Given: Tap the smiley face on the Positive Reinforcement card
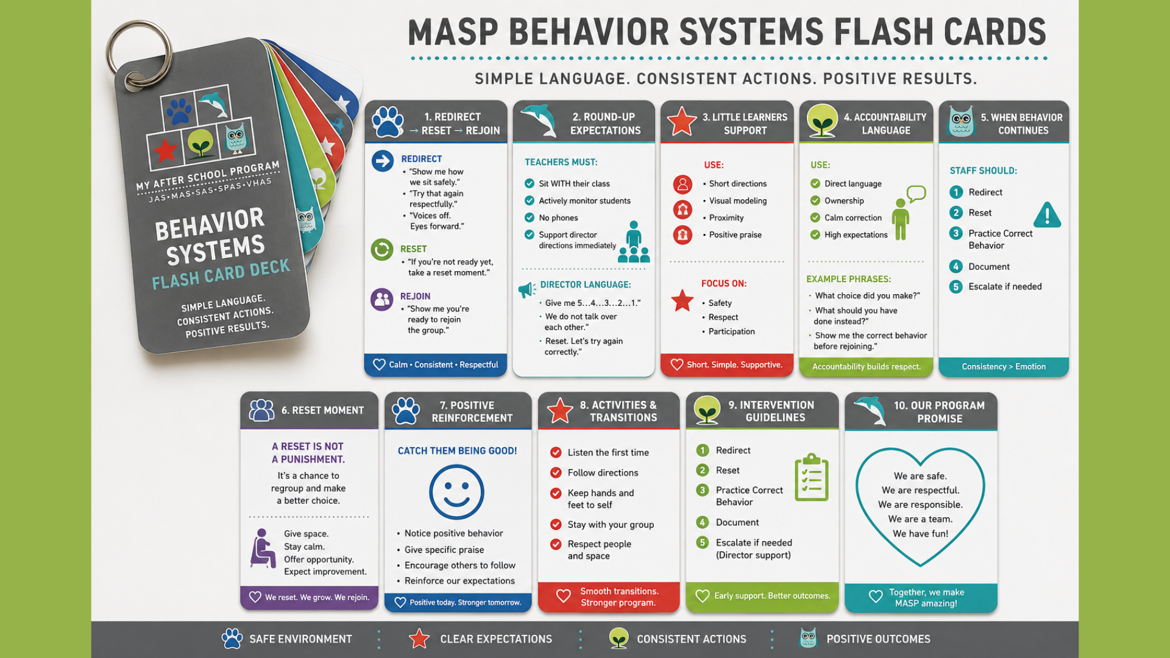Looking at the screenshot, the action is click(456, 492).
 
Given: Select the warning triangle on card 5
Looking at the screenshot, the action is click(1048, 215).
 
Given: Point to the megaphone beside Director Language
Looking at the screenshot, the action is click(527, 289).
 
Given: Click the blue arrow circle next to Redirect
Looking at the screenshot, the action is click(383, 161).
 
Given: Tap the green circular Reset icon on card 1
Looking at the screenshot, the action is click(382, 250).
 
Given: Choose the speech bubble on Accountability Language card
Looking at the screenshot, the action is click(916, 194).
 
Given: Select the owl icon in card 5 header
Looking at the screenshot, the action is click(961, 121).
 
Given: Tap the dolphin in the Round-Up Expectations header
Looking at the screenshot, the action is click(539, 120).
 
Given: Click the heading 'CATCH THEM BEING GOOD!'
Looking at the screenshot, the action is click(457, 451).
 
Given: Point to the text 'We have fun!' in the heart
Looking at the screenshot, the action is click(920, 534).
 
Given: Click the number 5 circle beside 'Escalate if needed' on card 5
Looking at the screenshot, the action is click(956, 286).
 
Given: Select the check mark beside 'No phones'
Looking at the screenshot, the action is click(530, 218).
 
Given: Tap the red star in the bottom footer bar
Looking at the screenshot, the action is click(419, 639).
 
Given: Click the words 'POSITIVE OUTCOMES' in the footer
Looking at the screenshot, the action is click(878, 639).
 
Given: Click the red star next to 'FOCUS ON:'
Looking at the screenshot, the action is click(682, 300).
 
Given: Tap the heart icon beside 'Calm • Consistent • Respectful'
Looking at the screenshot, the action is click(379, 364).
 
